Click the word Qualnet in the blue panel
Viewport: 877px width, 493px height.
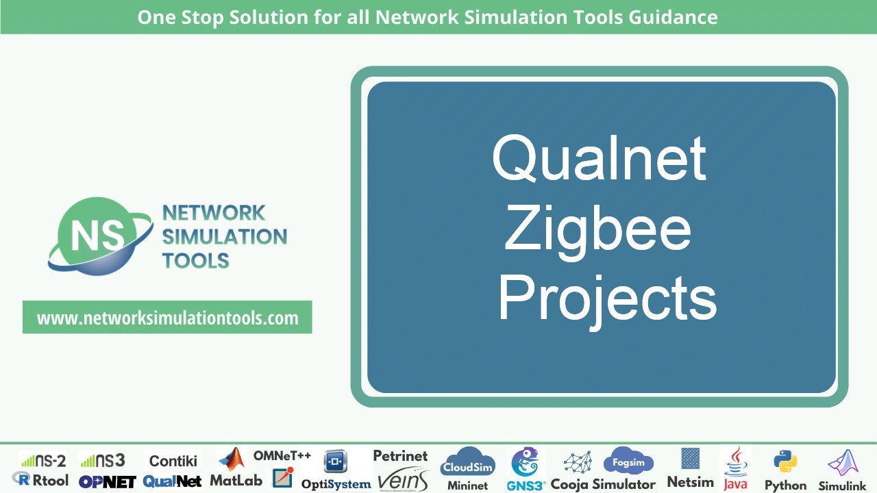599,159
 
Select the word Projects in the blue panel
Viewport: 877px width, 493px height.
606,297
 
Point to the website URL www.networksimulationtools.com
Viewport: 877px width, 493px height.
167,318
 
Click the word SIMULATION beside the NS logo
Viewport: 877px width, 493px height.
224,237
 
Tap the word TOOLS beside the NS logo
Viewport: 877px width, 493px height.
195,261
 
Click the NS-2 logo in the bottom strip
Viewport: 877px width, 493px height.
43,460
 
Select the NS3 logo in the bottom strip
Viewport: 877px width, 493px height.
103,460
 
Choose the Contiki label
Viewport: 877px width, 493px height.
173,461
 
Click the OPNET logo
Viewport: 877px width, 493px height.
107,481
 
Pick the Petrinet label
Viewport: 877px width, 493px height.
400,455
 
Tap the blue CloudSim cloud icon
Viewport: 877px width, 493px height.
467,462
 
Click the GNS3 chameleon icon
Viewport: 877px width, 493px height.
526,462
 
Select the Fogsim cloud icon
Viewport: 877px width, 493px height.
628,462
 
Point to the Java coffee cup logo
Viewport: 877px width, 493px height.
735,460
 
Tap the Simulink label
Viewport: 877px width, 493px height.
842,485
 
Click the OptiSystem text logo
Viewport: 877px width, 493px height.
336,484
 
